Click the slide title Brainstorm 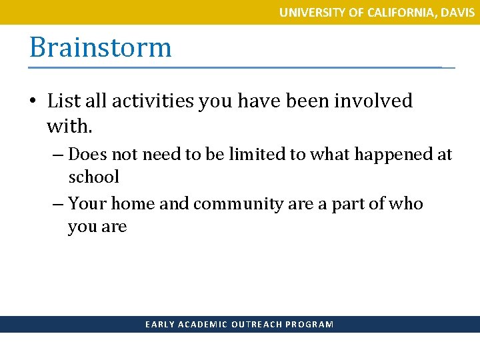(x=100, y=48)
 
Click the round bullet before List (x=33, y=102)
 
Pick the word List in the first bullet (x=64, y=101)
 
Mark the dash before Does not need (x=58, y=155)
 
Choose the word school (x=93, y=177)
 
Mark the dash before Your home (x=58, y=204)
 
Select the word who (x=408, y=204)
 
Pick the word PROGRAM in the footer (x=309, y=325)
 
